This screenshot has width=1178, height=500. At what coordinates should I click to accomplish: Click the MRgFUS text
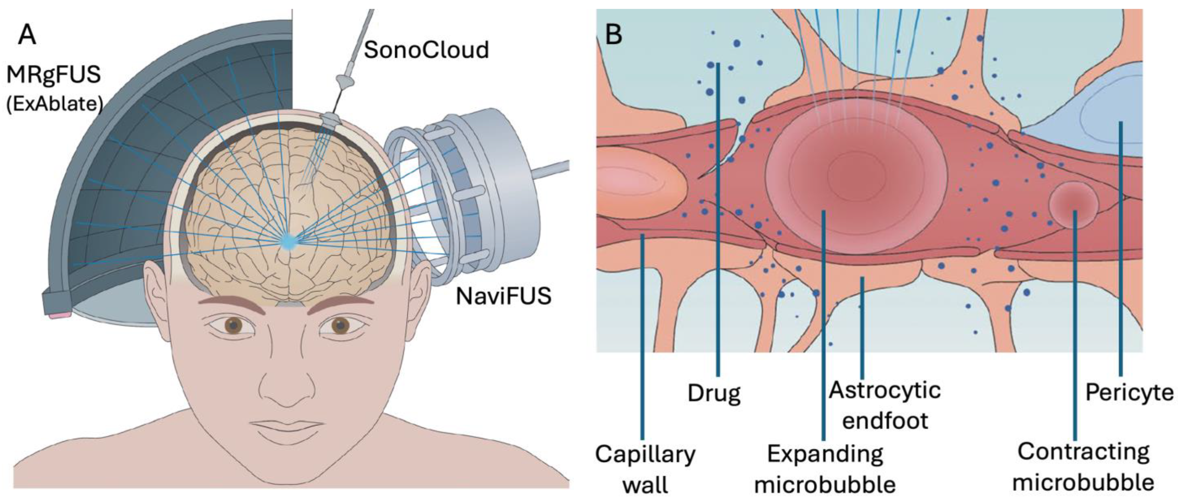pyautogui.click(x=54, y=74)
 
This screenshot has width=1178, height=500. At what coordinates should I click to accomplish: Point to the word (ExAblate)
pyautogui.click(x=54, y=104)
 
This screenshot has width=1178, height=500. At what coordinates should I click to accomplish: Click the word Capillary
pyautogui.click(x=645, y=455)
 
